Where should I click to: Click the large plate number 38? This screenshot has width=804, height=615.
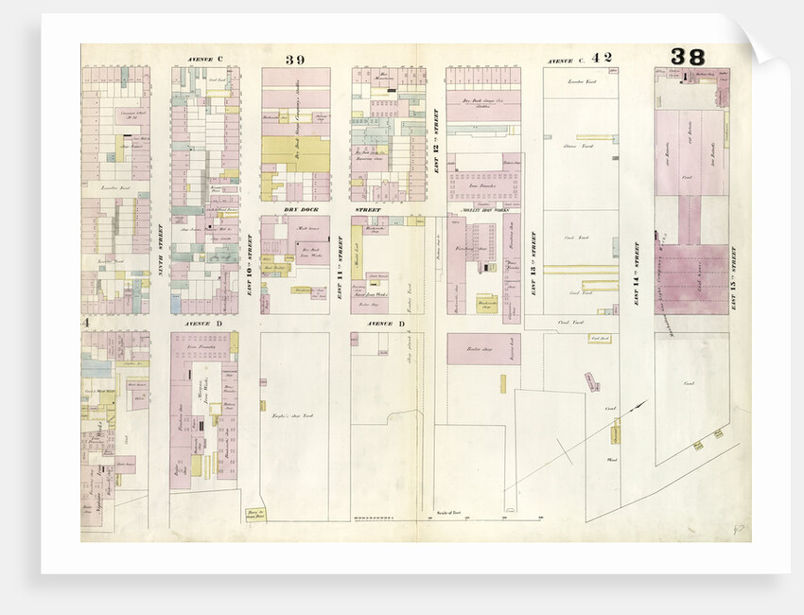pos(688,57)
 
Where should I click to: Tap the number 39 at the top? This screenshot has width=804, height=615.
pos(295,60)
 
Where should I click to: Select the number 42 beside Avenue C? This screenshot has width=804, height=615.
pos(602,58)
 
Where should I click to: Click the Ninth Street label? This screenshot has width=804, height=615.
pos(161,255)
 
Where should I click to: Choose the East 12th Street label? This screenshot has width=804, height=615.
pos(436,142)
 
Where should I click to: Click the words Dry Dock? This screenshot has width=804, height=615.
pos(296,208)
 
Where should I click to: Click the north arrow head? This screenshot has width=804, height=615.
pos(646,404)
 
